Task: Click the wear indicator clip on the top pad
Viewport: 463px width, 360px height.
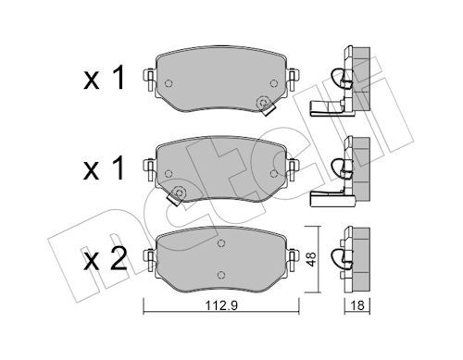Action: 265,105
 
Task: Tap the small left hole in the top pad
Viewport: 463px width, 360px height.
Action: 168,84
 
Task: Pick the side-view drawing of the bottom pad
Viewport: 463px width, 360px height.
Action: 350,255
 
